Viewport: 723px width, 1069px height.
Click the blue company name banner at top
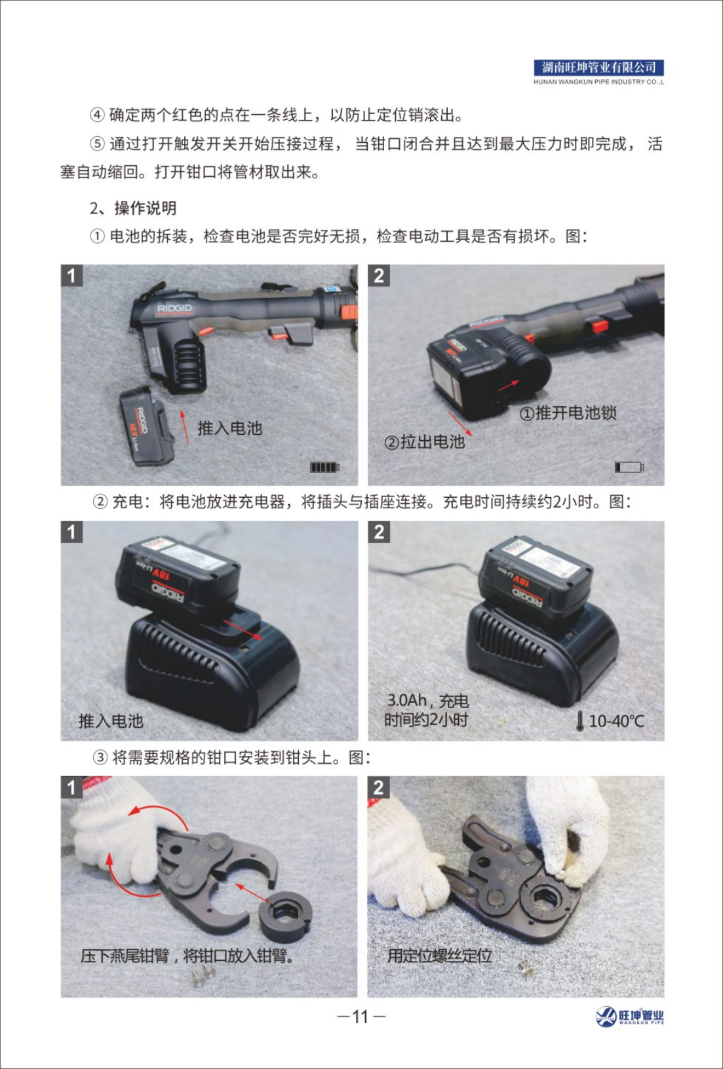(599, 67)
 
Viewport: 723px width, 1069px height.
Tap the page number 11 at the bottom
(361, 1016)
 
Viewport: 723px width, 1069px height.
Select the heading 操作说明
(145, 208)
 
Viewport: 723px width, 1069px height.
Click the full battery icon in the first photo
(324, 467)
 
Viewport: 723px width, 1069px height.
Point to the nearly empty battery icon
(629, 467)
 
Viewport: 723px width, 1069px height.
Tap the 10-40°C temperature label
(616, 721)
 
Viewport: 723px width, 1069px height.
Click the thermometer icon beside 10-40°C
(579, 721)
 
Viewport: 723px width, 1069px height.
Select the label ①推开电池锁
(568, 413)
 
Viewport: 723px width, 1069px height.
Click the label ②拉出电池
(425, 442)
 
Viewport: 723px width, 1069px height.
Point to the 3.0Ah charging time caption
(427, 710)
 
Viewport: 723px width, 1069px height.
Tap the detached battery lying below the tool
(147, 426)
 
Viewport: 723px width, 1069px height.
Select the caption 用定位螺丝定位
(439, 956)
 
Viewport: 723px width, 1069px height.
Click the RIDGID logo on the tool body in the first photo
(175, 309)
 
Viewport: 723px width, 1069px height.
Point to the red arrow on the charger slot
(242, 629)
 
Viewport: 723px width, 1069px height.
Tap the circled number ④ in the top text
(97, 115)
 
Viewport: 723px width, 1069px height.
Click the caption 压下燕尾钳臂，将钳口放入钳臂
(187, 956)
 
